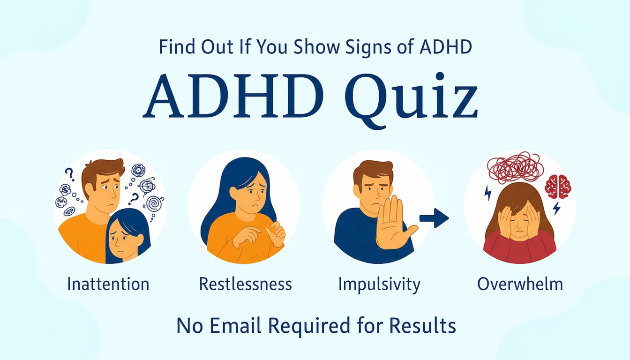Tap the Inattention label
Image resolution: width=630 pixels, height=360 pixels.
pyautogui.click(x=108, y=284)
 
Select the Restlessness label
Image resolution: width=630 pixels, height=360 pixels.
pyautogui.click(x=245, y=284)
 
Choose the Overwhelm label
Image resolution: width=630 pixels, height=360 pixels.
pyautogui.click(x=520, y=284)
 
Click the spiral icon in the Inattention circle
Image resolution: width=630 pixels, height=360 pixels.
pyautogui.click(x=153, y=204)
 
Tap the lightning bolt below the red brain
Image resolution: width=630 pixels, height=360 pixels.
pyautogui.click(x=556, y=208)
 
